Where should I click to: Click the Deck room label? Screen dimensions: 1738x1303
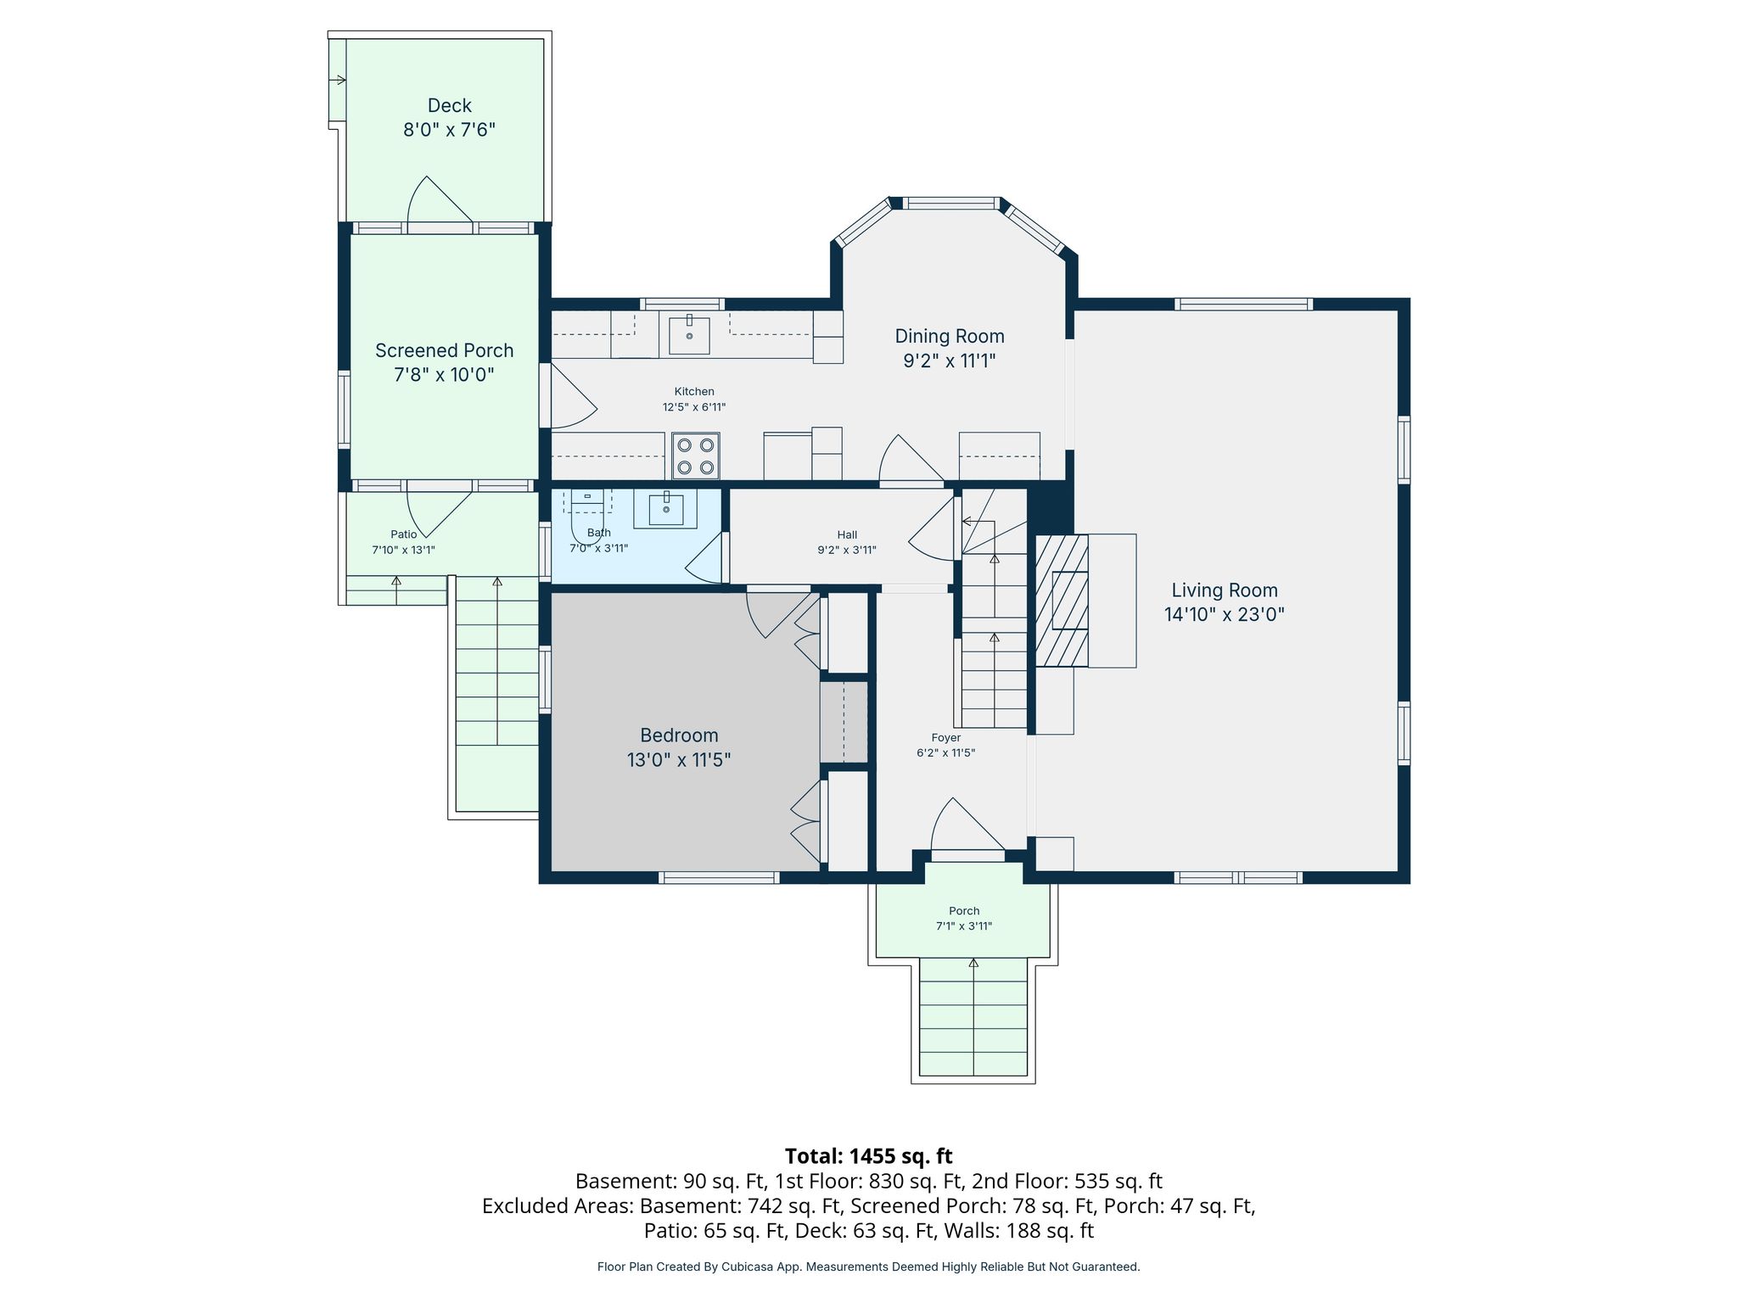[x=449, y=105]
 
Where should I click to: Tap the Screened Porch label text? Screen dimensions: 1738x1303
[x=444, y=350]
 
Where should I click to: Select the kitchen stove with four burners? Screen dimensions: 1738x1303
[x=696, y=456]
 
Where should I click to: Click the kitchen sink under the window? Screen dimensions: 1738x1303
[x=689, y=335]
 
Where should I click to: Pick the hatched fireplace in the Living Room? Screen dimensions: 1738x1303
[x=1062, y=601]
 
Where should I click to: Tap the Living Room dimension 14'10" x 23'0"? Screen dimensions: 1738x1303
[x=1224, y=614]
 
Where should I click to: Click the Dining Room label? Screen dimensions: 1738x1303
[x=950, y=336]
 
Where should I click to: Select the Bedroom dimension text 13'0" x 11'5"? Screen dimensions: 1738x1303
[x=679, y=759]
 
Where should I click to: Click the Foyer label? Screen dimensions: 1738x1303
[x=945, y=738]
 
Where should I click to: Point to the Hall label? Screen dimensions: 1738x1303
[x=847, y=534]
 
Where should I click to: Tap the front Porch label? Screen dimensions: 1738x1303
[x=964, y=911]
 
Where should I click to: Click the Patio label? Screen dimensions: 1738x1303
[x=404, y=534]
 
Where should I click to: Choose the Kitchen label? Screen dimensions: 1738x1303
[x=694, y=391]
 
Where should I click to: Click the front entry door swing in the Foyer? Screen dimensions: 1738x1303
[x=967, y=825]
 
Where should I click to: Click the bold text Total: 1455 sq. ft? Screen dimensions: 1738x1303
[x=868, y=1156]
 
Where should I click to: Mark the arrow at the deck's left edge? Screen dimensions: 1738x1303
[x=338, y=81]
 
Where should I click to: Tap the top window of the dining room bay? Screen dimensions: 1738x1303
[x=950, y=203]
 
